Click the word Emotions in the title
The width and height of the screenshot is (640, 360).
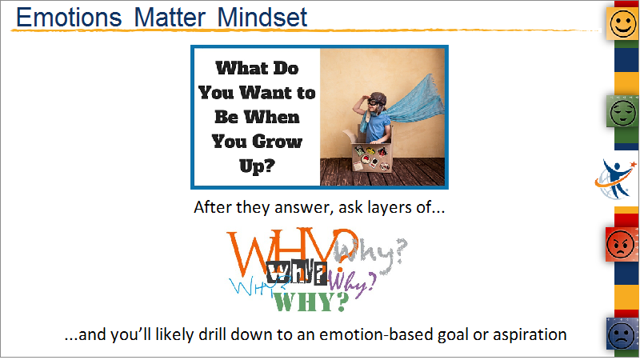point(69,18)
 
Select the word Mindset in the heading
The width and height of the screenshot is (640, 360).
point(262,18)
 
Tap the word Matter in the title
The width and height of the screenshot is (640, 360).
point(170,18)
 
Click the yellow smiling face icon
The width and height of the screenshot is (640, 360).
point(623,24)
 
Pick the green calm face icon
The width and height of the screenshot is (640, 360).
point(623,111)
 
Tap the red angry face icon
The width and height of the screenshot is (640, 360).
point(622,244)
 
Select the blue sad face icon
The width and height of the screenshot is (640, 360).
point(622,334)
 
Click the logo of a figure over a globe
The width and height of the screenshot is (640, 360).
point(615,179)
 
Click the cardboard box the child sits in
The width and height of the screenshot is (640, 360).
point(370,153)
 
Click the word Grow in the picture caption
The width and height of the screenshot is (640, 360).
point(278,142)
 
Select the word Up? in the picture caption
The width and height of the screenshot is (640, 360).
point(257,166)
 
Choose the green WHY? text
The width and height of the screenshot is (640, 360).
point(311,302)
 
